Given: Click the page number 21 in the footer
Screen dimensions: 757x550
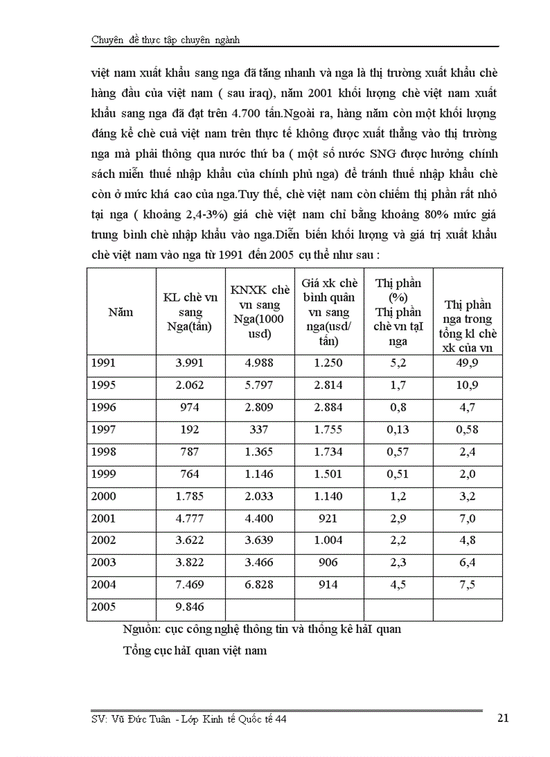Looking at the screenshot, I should (x=502, y=718).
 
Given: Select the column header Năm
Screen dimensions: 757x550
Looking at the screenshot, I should (x=121, y=312).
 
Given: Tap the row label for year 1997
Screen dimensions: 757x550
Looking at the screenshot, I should (x=102, y=429).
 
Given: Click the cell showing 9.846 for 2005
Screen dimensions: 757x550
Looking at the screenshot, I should (x=189, y=607).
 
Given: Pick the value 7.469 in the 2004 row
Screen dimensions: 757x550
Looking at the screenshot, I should (x=189, y=584).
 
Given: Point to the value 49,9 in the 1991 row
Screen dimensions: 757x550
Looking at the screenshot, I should (x=468, y=363).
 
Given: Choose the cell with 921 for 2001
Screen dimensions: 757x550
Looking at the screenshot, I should (x=328, y=518).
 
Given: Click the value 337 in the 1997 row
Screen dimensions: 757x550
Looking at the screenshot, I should (x=258, y=429).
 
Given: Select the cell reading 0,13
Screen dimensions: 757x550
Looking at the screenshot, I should (x=398, y=429).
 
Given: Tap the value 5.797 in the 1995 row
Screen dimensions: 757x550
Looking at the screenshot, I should (x=258, y=385).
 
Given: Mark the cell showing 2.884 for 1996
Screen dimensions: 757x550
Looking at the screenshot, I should (x=328, y=407).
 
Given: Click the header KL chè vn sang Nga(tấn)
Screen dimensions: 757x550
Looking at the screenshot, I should (x=190, y=312).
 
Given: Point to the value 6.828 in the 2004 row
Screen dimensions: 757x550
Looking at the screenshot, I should (x=258, y=584).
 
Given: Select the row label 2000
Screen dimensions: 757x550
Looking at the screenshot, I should (x=102, y=496).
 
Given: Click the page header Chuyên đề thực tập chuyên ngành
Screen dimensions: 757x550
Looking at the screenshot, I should (x=166, y=40).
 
